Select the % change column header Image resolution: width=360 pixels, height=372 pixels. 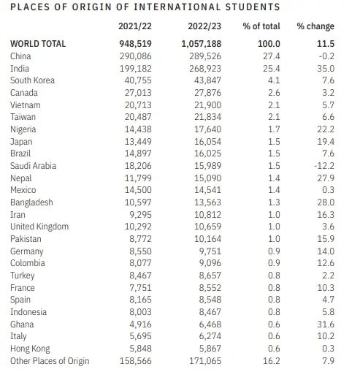click(x=315, y=27)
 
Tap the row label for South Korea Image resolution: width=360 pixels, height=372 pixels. click(x=33, y=80)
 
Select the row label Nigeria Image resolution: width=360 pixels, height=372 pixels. click(x=24, y=129)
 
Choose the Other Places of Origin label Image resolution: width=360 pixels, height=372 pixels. click(x=48, y=361)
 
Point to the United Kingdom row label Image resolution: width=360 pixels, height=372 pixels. click(x=39, y=227)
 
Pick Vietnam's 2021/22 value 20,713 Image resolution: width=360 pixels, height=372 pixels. click(x=134, y=105)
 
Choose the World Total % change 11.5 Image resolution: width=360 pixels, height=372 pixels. click(x=325, y=43)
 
